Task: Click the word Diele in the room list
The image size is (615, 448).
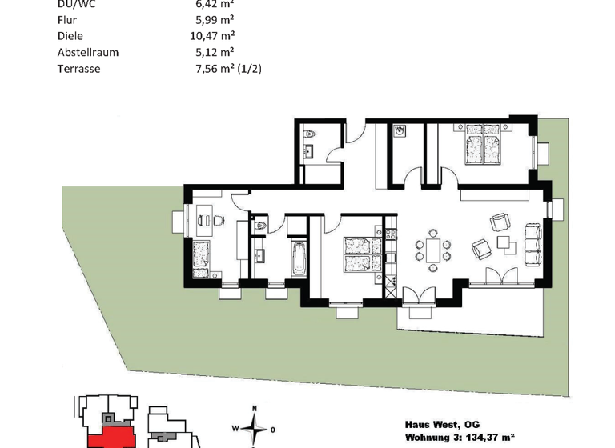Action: point(70,35)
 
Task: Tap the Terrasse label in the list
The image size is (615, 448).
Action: point(78,69)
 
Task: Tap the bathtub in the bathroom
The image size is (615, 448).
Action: point(299,259)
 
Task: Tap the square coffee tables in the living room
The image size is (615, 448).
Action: point(504,243)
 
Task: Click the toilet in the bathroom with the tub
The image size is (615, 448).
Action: point(258,228)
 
